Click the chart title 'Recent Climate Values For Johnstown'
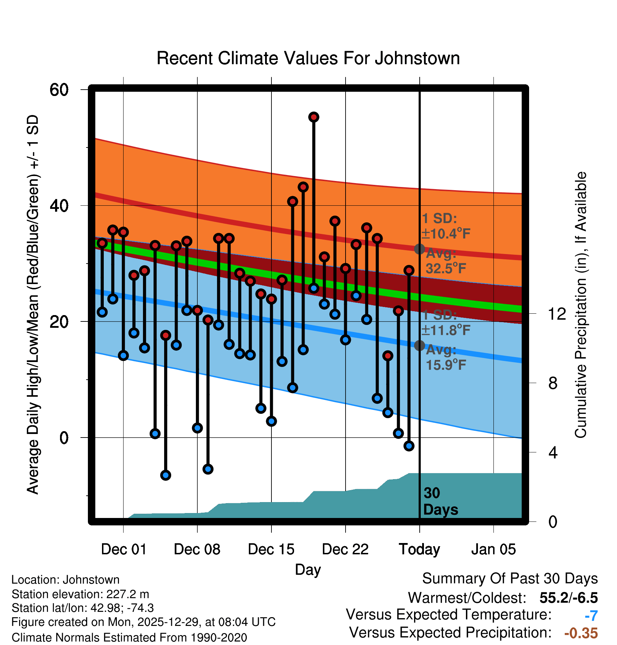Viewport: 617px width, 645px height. (x=308, y=58)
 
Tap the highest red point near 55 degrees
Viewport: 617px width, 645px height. (x=314, y=117)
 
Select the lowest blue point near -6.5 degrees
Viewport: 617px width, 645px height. (x=166, y=475)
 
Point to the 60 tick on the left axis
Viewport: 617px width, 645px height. (x=59, y=90)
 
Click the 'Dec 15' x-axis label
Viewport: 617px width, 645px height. (x=271, y=549)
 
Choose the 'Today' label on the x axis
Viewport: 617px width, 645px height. (x=419, y=549)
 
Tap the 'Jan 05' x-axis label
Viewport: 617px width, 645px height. (x=493, y=549)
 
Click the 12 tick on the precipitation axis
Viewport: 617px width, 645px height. (x=557, y=314)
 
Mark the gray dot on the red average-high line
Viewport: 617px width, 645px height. (x=419, y=249)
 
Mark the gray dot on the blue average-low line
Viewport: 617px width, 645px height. (x=419, y=345)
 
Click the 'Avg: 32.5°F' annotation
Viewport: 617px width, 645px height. (x=446, y=261)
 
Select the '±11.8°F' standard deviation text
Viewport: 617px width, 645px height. (x=446, y=330)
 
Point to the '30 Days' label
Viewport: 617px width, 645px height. (x=440, y=501)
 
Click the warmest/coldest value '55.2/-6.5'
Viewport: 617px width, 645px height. (x=569, y=598)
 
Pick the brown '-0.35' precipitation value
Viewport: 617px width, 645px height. (x=581, y=633)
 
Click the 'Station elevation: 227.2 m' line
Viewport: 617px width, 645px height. (x=80, y=594)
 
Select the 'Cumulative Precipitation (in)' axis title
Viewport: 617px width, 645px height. (x=581, y=305)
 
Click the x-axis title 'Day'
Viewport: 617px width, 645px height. (x=308, y=569)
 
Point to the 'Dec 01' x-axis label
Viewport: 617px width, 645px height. (x=124, y=549)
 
